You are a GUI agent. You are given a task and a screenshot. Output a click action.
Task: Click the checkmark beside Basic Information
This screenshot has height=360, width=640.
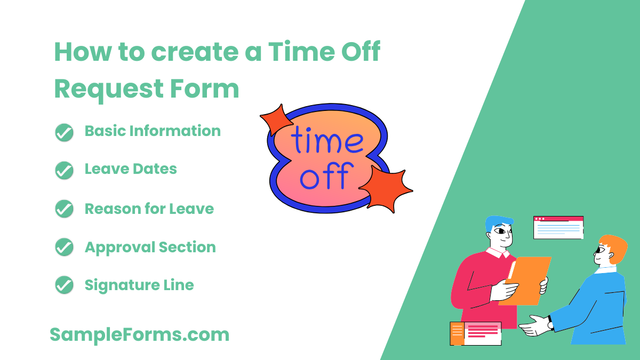coord(64,132)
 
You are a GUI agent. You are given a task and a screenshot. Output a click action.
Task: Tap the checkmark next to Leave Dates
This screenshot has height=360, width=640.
coord(64,170)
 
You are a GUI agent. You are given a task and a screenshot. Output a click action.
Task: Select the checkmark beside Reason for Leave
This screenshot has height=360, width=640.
coord(64,209)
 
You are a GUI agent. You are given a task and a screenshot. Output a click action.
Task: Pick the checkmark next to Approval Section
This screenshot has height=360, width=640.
coord(64,247)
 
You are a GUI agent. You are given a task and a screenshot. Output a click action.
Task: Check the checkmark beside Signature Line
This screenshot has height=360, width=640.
coord(64,285)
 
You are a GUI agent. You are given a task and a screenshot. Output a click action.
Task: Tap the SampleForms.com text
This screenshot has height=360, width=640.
coord(139,335)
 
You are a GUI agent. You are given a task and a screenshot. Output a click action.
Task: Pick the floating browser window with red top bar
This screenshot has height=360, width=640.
coord(558,227)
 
